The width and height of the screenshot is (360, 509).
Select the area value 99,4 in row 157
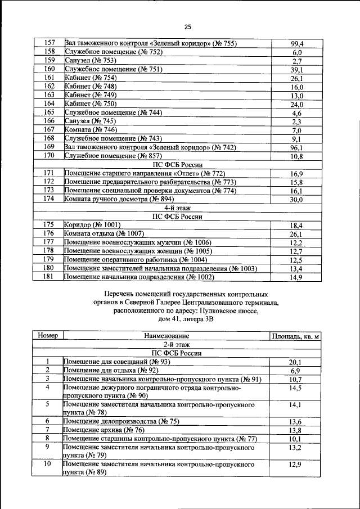tap(297, 44)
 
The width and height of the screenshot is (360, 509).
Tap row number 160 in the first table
tap(48, 69)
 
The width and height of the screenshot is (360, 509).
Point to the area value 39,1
tap(297, 70)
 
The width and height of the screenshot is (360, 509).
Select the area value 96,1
tap(297, 148)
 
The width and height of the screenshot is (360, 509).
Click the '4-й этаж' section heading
tap(179, 208)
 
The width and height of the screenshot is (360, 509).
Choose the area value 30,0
tap(297, 200)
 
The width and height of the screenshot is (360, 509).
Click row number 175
tap(48, 225)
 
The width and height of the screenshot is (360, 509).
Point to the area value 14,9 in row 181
tap(297, 277)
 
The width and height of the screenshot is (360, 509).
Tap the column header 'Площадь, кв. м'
tap(296, 336)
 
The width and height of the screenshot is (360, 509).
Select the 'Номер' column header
tap(48, 336)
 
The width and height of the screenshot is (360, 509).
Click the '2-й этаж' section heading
tap(179, 344)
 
